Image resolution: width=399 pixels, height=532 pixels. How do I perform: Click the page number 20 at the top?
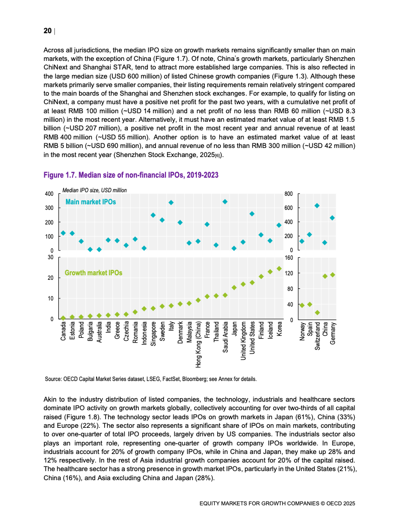(47, 31)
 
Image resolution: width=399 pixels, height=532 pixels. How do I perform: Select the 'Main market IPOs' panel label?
(91, 202)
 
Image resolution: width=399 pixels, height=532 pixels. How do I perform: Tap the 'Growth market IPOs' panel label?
(93, 273)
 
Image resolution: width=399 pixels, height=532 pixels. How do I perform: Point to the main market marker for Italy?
(171, 202)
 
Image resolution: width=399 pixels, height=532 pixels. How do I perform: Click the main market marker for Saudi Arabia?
(225, 202)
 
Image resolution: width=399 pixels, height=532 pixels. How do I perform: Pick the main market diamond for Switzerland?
(317, 206)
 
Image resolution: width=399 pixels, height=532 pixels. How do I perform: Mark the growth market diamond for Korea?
(279, 269)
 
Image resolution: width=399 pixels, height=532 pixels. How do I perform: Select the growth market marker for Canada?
(63, 318)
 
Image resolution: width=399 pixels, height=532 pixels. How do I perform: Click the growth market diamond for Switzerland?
(317, 313)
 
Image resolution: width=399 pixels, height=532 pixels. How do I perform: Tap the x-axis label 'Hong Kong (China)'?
(198, 344)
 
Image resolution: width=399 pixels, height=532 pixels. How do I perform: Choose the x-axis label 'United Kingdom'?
(243, 341)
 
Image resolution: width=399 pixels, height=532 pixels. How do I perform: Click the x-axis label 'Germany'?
(333, 333)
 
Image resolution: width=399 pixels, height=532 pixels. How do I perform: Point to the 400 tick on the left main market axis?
(49, 194)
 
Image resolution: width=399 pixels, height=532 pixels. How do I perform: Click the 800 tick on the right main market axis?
(288, 194)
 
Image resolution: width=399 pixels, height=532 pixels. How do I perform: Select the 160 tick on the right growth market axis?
(289, 258)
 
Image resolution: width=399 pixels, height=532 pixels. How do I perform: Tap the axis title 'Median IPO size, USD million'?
(95, 190)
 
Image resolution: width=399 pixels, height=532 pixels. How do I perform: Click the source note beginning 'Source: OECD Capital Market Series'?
(150, 379)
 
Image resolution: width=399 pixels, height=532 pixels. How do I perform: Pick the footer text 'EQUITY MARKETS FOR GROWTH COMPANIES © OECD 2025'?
(277, 503)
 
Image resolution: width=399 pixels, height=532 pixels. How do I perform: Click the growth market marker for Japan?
(234, 288)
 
